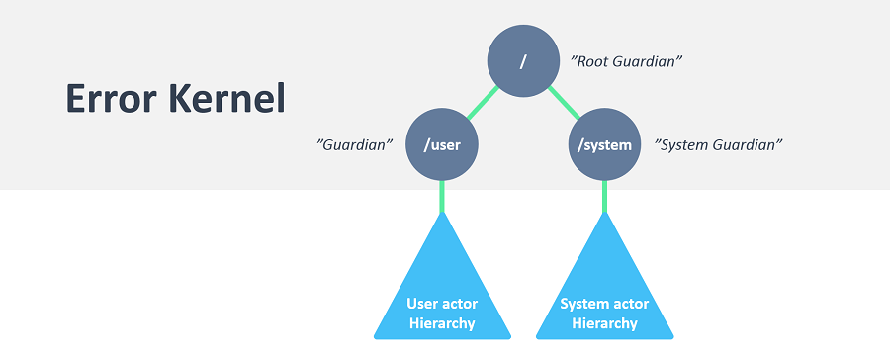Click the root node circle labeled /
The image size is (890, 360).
[523, 60]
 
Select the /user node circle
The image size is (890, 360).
[442, 144]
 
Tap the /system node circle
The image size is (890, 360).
[604, 144]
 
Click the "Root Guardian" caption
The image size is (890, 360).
[626, 61]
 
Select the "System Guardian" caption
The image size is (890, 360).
[719, 144]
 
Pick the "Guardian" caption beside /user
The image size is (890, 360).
[355, 144]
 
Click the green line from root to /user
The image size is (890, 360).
[483, 103]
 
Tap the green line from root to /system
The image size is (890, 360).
[564, 103]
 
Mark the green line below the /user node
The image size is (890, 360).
[442, 197]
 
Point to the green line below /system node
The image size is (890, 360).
[604, 197]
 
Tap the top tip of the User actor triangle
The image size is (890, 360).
[442, 212]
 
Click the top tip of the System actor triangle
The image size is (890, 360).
[604, 212]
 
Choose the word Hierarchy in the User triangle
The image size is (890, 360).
[442, 323]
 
